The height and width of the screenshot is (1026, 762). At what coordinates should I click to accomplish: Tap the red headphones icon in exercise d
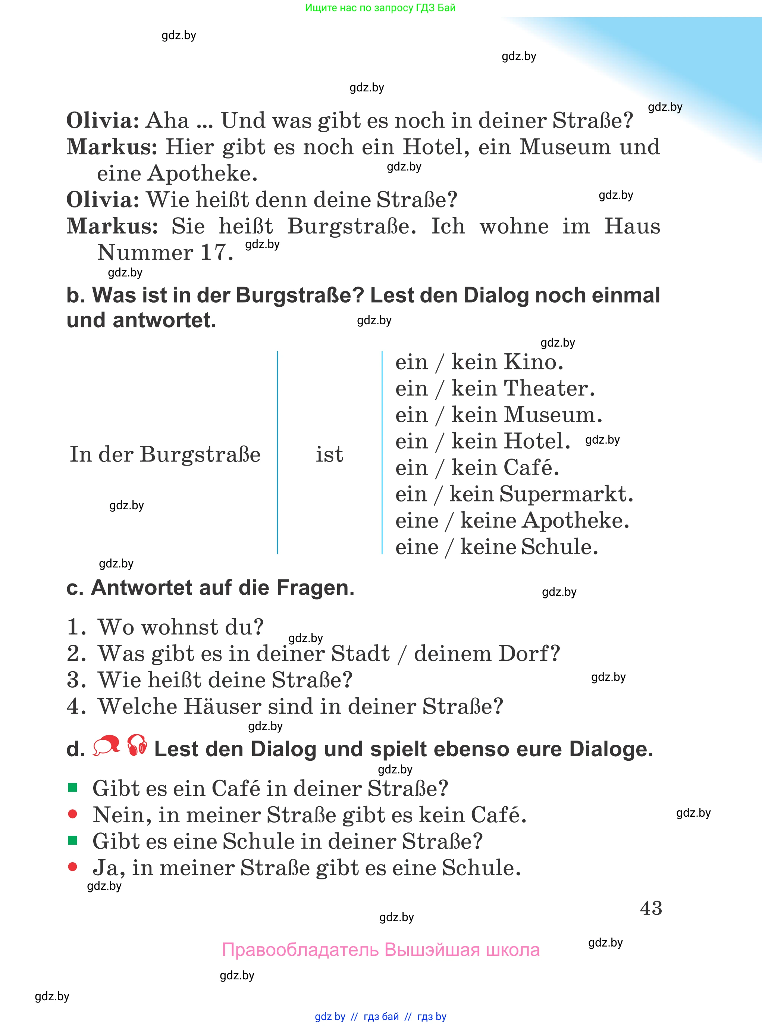[x=137, y=745]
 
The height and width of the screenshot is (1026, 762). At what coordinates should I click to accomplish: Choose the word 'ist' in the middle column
[x=329, y=454]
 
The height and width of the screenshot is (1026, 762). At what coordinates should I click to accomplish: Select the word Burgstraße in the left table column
[x=200, y=454]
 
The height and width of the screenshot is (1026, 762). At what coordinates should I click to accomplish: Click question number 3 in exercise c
[x=76, y=680]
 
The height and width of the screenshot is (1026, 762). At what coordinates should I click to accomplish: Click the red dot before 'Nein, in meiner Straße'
[x=72, y=814]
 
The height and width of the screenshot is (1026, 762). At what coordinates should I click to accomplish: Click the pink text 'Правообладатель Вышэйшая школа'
[x=380, y=950]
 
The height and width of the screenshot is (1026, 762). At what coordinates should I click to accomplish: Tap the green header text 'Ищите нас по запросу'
[x=380, y=8]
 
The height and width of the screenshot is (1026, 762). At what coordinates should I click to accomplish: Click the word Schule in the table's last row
[x=559, y=547]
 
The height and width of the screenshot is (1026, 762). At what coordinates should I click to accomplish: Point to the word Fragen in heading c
[x=316, y=588]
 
